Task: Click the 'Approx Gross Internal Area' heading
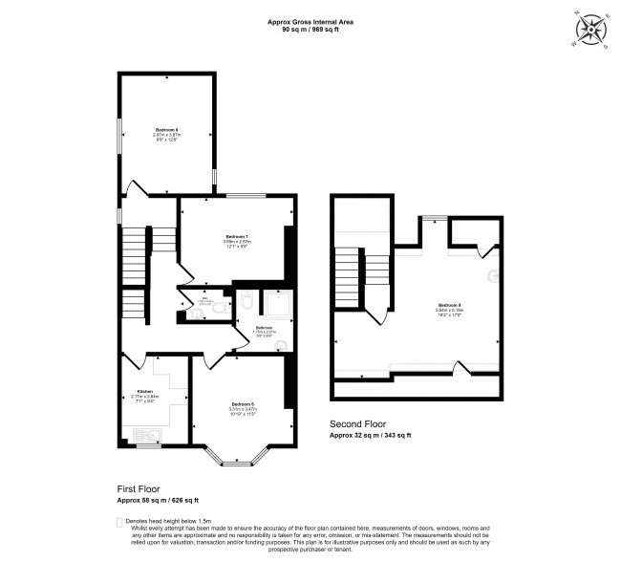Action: (310, 20)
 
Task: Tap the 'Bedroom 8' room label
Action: (166, 129)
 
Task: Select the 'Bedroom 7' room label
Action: (237, 236)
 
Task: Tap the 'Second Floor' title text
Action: (357, 423)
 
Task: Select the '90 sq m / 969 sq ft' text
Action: (310, 29)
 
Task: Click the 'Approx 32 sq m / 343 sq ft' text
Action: (370, 435)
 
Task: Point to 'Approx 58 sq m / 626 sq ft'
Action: (157, 499)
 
